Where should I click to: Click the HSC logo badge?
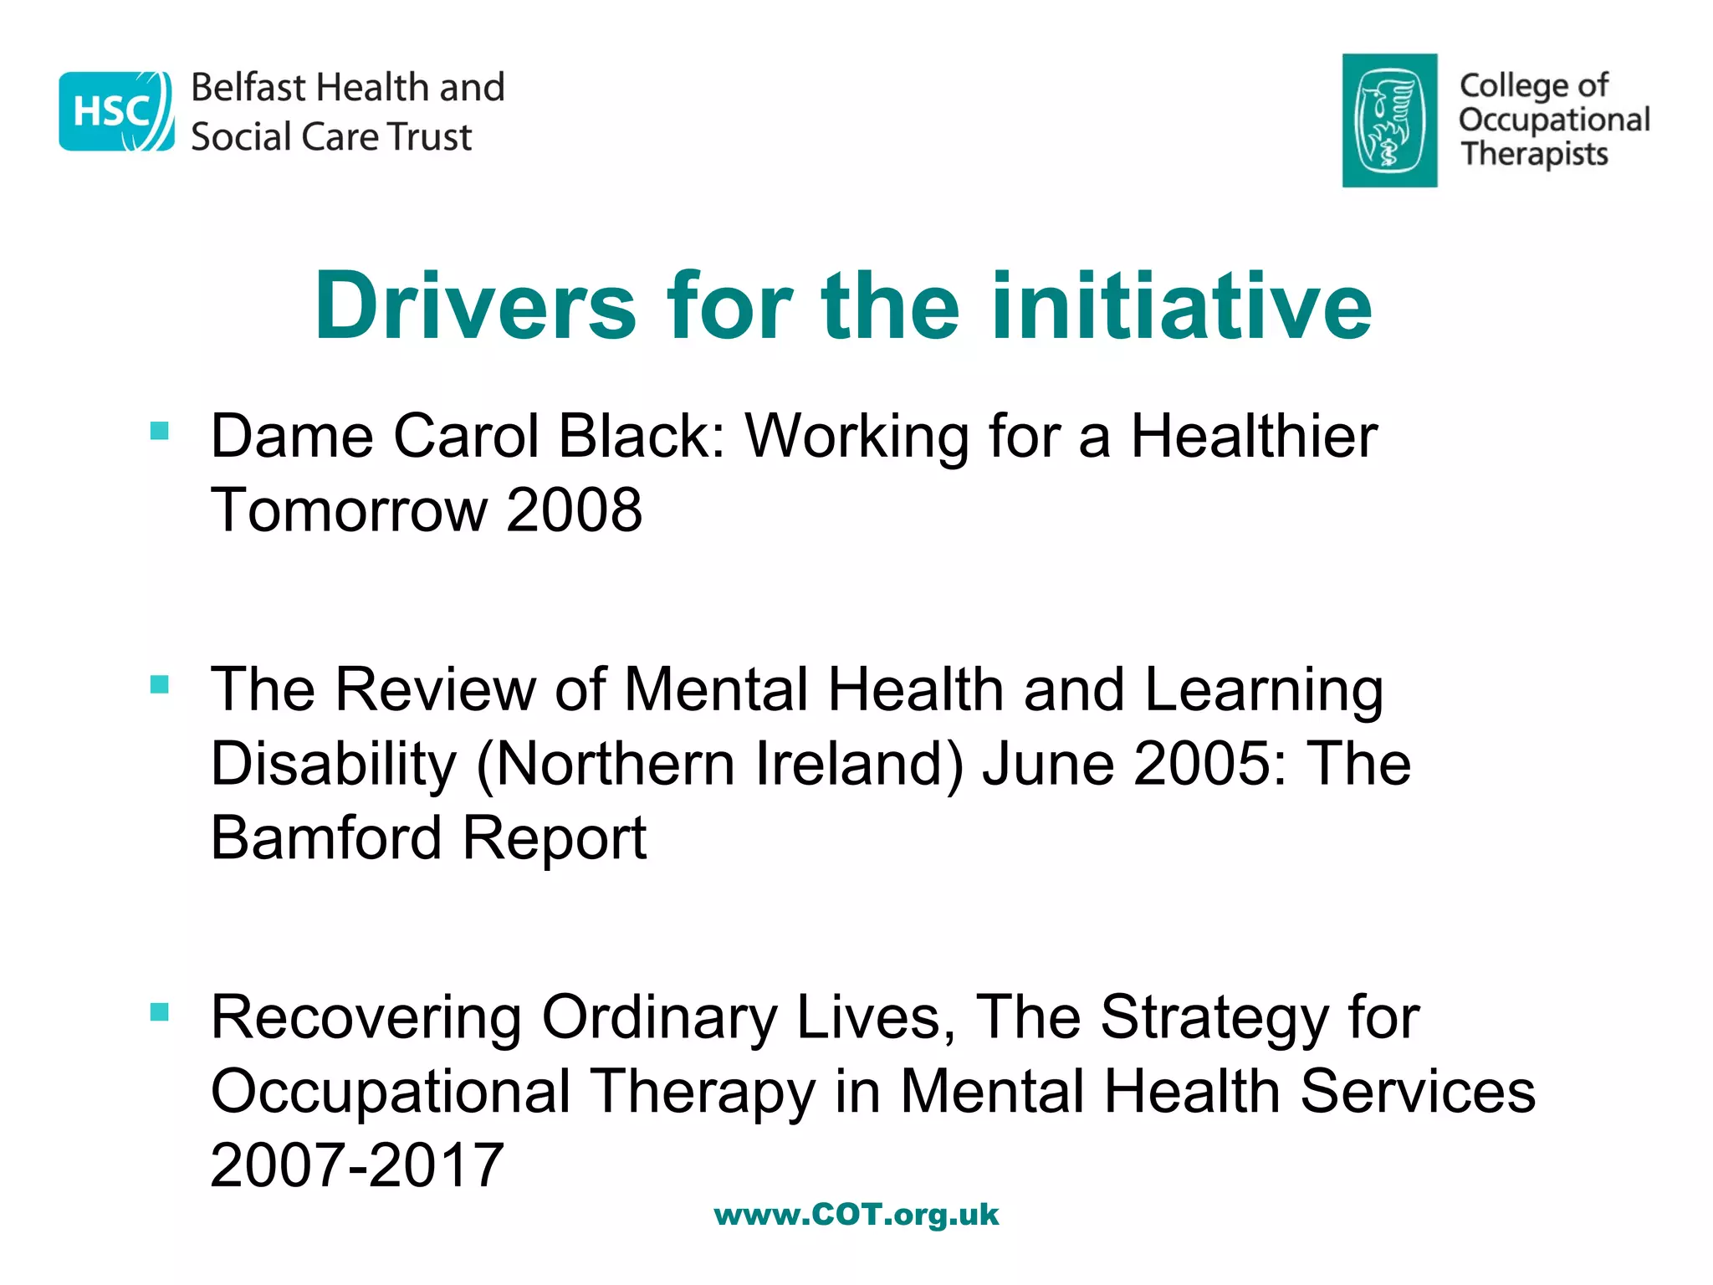[116, 111]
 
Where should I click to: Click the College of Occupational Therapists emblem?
[1389, 120]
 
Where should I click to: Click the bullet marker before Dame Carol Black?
[160, 431]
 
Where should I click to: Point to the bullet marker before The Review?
[160, 684]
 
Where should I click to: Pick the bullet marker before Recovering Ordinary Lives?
[160, 1012]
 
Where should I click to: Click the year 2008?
[574, 509]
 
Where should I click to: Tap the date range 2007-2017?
[357, 1165]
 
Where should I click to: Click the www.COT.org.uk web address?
[856, 1215]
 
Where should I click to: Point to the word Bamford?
[325, 837]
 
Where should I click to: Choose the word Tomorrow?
[349, 509]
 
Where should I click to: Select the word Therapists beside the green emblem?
[1534, 155]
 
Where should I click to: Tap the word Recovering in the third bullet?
[366, 1017]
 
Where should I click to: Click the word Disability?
[334, 763]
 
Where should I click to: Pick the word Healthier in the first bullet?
[1254, 436]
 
